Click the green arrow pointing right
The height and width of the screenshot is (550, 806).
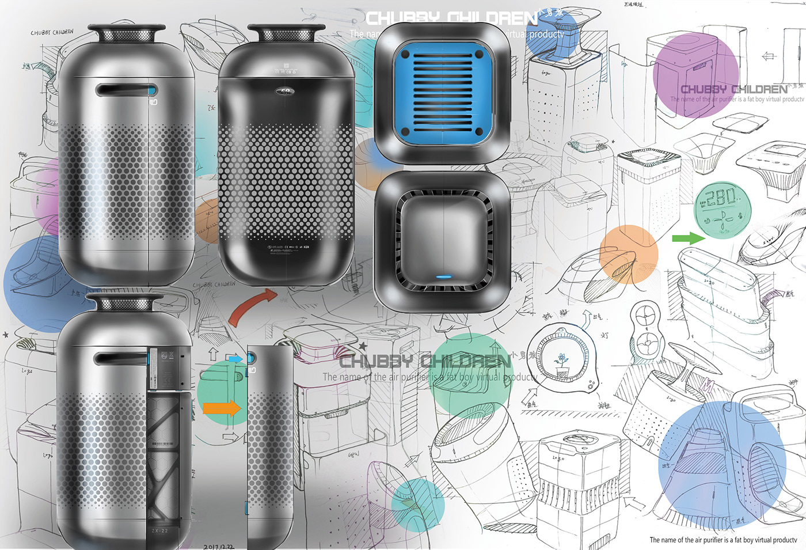688,238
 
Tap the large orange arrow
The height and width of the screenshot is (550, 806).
222,408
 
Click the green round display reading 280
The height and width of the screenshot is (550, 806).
723,210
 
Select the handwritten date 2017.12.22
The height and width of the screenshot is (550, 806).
218,546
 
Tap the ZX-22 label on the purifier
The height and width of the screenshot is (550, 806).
159,530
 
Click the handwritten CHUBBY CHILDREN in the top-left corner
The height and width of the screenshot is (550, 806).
52,32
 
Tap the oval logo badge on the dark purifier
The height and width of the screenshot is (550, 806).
286,91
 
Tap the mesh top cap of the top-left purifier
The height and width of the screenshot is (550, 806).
126,33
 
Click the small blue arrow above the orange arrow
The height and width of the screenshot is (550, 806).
235,359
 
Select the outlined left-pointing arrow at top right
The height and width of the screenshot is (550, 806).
768,56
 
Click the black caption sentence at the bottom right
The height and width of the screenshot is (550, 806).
723,540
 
